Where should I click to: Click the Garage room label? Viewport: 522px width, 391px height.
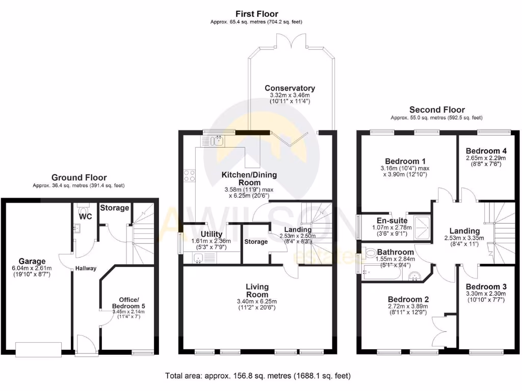tap(33, 261)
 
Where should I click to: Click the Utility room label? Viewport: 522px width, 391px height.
tap(212, 234)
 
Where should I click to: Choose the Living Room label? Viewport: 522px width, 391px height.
tap(257, 291)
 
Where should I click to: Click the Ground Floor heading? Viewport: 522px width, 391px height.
tap(79, 178)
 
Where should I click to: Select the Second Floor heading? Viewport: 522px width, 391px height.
tap(437, 109)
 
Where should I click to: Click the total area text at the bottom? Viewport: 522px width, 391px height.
tap(258, 376)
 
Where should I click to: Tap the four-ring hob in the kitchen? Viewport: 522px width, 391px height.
tap(189, 176)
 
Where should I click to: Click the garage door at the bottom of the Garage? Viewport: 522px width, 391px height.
tap(39, 349)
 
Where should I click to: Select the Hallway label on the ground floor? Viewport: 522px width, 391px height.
tap(86, 268)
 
